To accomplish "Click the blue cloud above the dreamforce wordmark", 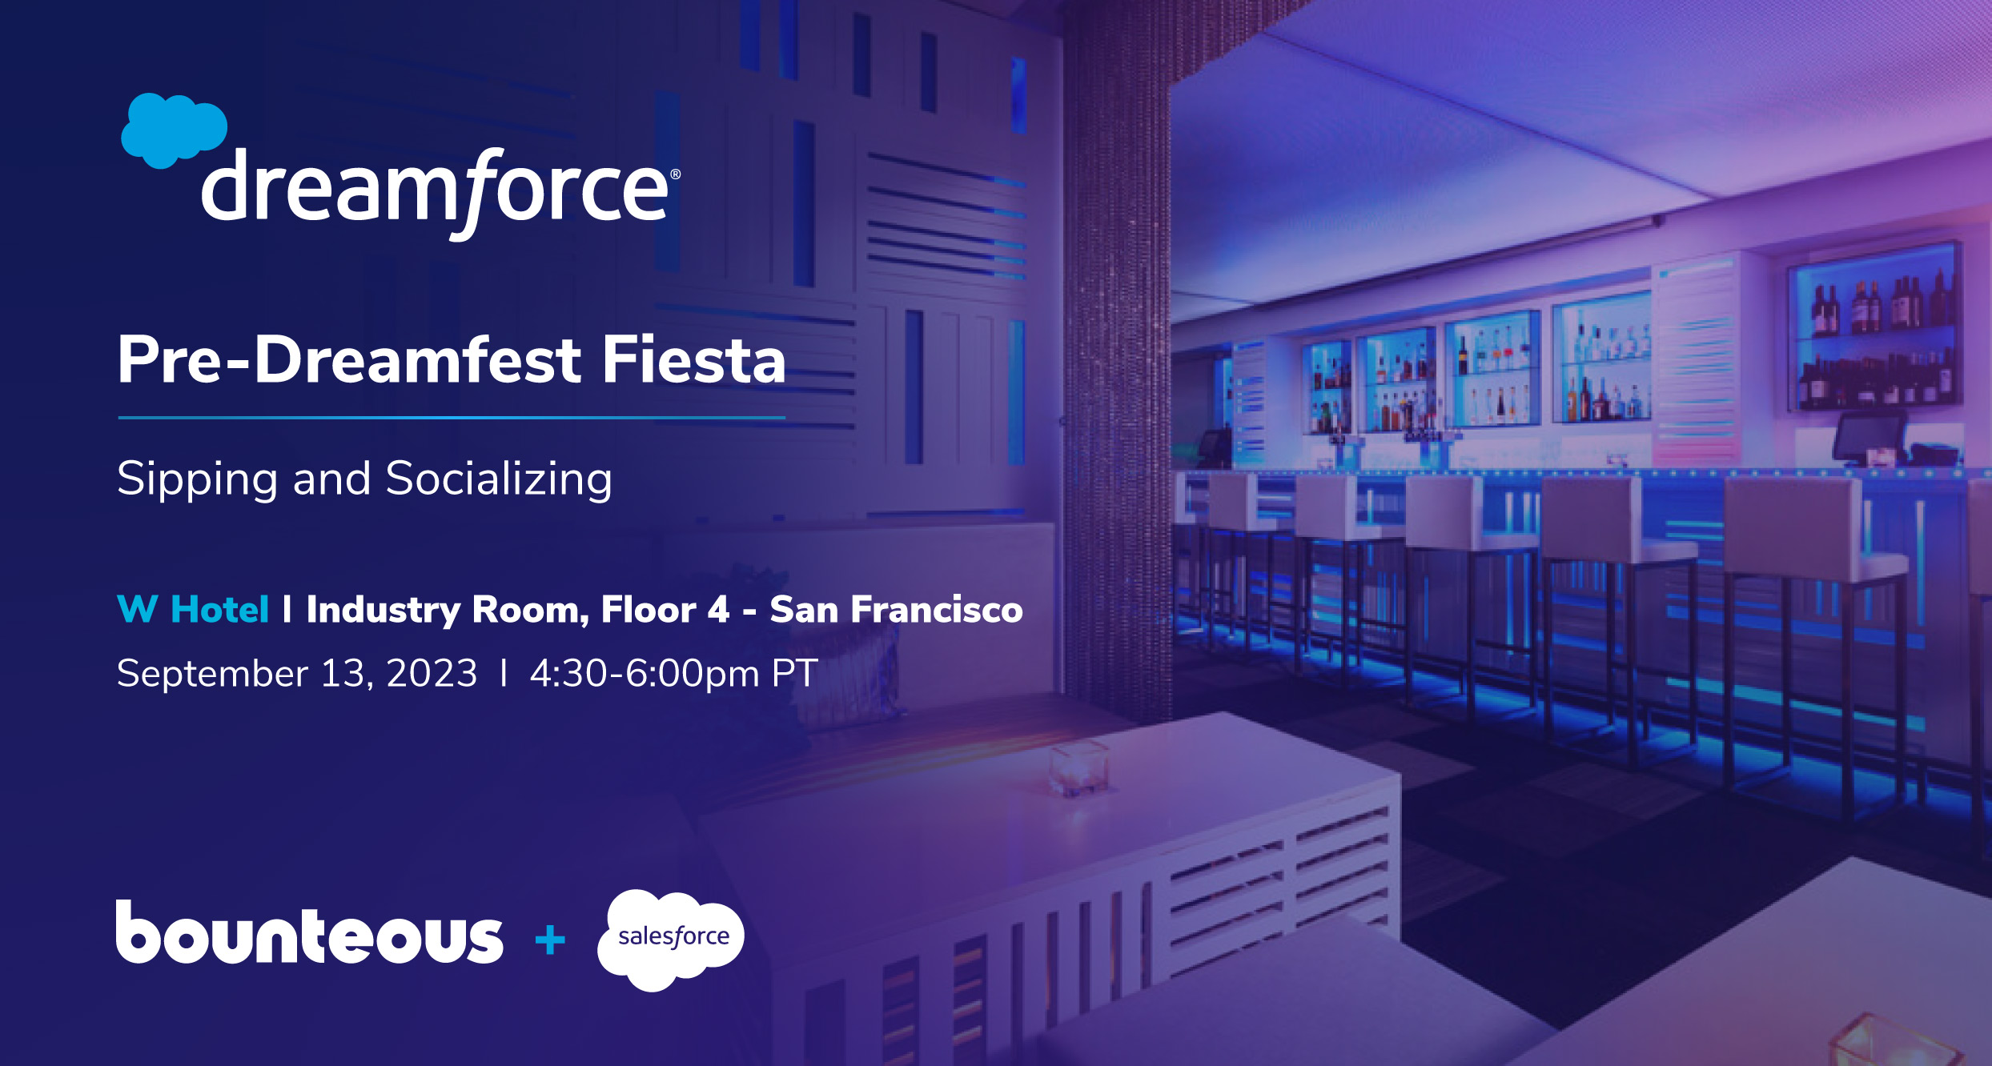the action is (174, 130).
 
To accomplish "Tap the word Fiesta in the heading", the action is (693, 360).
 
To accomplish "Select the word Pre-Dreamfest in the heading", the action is (349, 360).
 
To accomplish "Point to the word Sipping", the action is (197, 479).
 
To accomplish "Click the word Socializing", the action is (499, 479).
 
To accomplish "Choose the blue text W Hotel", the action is (193, 609).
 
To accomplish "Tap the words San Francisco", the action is (896, 609).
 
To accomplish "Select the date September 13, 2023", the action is (297, 673).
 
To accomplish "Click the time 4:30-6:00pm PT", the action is (673, 673).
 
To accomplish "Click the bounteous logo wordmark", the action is (309, 932).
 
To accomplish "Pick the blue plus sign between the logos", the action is (550, 940).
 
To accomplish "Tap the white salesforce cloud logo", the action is (671, 939).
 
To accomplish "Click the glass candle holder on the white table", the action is (1079, 768).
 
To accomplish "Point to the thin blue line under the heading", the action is (452, 417).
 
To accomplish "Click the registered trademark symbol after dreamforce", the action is (675, 174).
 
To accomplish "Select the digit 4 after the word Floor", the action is (718, 610).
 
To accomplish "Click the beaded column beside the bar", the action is (1116, 360).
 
